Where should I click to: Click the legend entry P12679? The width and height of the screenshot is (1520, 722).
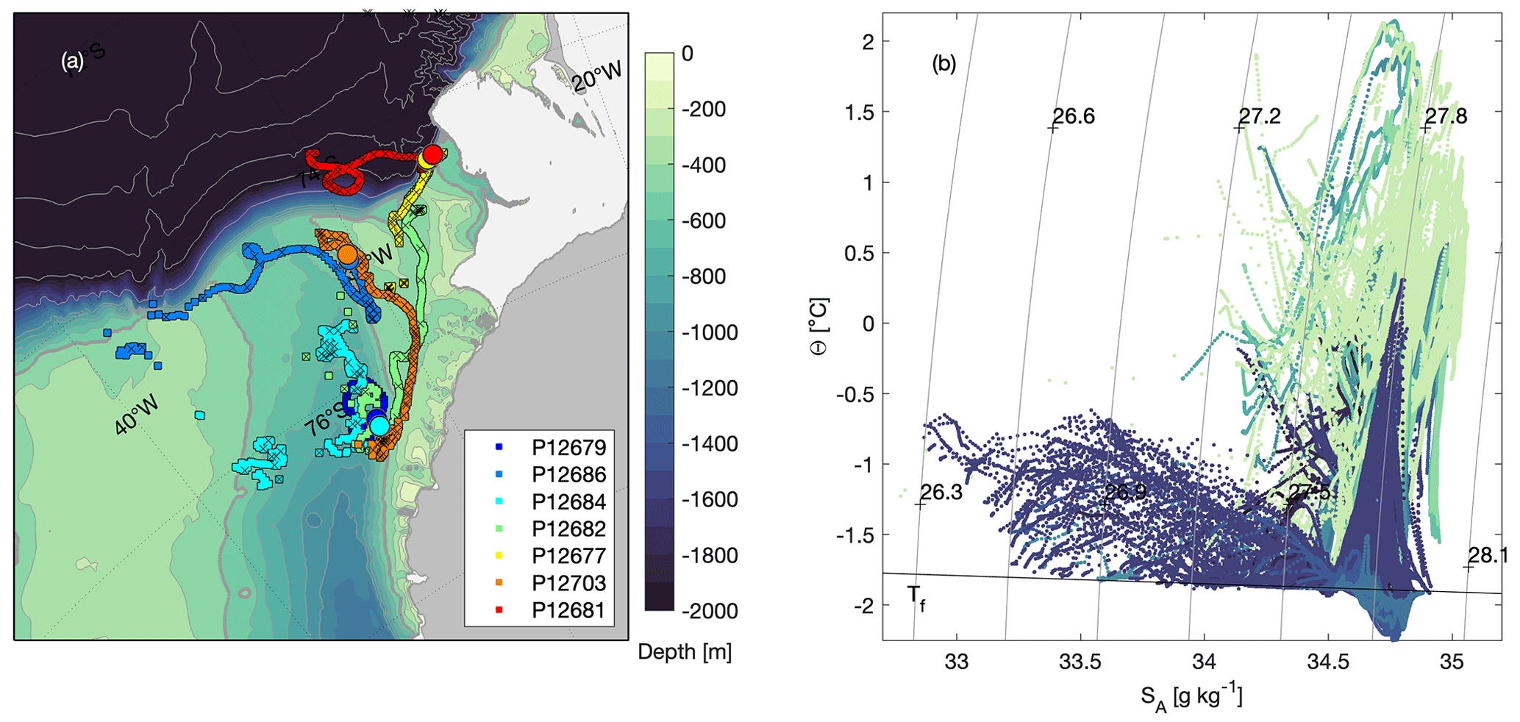[569, 448]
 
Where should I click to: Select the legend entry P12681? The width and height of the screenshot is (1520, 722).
[569, 610]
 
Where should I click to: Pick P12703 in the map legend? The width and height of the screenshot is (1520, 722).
[569, 583]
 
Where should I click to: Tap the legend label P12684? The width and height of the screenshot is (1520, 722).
[569, 502]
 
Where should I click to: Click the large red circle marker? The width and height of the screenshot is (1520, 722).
[433, 154]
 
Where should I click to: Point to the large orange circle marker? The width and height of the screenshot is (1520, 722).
[348, 255]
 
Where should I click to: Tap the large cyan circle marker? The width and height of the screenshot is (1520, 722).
[379, 425]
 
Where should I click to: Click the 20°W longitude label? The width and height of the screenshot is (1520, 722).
[597, 76]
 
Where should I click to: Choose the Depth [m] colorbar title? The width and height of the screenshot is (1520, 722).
[685, 652]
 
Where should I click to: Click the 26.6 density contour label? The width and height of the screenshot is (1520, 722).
[1074, 117]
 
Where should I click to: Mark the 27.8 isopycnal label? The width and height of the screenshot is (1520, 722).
[1446, 117]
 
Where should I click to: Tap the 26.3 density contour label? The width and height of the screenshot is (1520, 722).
[941, 493]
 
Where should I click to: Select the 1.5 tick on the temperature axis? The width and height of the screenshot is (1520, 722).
[859, 112]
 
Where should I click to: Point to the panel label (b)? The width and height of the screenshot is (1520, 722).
[944, 64]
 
